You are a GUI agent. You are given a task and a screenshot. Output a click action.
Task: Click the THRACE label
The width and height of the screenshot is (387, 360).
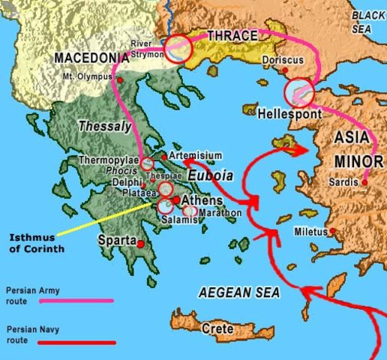point(232,35)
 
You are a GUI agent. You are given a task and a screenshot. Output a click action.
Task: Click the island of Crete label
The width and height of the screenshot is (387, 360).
point(217,328)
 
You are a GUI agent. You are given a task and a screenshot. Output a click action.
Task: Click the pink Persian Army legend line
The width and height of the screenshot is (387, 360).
point(60,300)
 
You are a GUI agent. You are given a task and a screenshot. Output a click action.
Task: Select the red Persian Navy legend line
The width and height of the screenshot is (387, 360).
point(60,342)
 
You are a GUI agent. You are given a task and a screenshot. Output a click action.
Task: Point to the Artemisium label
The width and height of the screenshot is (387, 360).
point(196,155)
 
